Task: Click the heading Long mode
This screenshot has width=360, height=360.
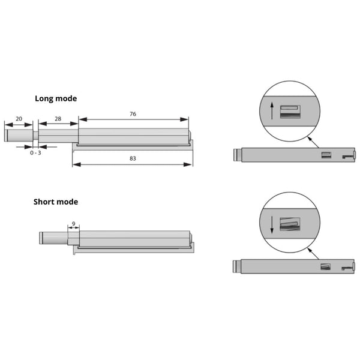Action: click(x=56, y=98)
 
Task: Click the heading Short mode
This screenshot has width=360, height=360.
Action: click(x=56, y=202)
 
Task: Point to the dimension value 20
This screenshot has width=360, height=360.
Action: click(x=19, y=119)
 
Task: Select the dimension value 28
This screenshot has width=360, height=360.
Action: click(x=58, y=119)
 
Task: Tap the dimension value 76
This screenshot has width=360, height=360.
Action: click(x=133, y=113)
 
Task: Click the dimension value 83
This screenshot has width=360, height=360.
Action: click(x=133, y=158)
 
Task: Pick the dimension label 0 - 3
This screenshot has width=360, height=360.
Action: click(x=36, y=153)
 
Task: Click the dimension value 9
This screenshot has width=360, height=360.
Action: click(x=73, y=224)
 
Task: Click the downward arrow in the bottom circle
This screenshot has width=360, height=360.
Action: click(x=272, y=225)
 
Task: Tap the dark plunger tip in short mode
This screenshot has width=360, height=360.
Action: click(x=42, y=238)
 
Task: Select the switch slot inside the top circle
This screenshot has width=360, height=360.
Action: click(x=291, y=110)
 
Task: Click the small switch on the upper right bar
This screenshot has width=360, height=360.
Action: click(x=326, y=156)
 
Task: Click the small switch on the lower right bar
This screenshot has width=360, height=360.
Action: click(x=326, y=266)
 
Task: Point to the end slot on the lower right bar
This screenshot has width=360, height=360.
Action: click(x=347, y=268)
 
